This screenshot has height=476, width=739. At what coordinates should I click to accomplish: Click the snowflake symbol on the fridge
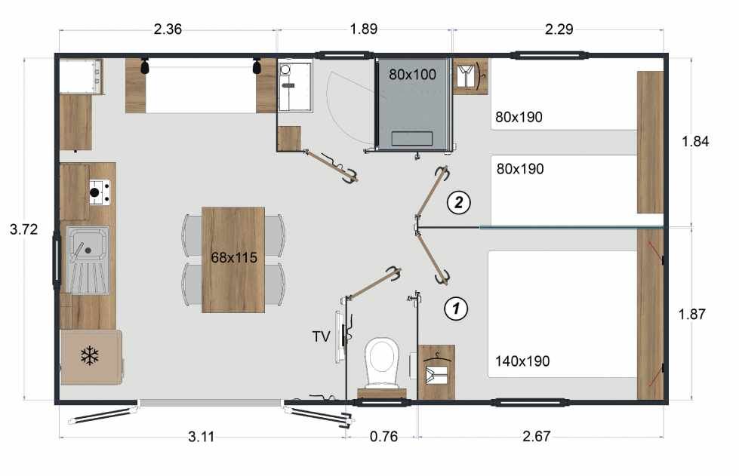[x=89, y=356]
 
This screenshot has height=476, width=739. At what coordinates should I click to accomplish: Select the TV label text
[x=321, y=336]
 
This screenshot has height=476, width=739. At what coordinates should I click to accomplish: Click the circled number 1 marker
[x=456, y=309]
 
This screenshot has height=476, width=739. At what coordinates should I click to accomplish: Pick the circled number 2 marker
[x=458, y=203]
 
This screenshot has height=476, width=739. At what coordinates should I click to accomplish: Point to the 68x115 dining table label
[x=234, y=257]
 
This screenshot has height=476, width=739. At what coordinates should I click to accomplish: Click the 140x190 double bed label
[x=522, y=361]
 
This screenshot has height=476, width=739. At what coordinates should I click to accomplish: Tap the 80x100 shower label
[x=412, y=75]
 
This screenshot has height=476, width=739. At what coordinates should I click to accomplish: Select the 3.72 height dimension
[x=23, y=229]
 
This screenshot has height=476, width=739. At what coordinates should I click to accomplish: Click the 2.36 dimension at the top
[x=168, y=29]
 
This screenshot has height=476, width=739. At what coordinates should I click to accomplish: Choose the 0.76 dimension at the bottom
[x=383, y=437]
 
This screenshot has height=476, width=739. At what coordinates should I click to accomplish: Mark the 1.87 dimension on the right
[x=692, y=314]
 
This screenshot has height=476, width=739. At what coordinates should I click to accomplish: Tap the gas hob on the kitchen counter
[x=100, y=192]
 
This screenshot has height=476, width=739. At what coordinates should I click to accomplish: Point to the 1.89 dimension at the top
[x=363, y=29]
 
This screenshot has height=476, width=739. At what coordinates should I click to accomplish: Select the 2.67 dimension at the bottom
[x=537, y=437]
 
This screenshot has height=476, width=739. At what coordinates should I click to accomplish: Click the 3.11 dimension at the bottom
[x=202, y=437]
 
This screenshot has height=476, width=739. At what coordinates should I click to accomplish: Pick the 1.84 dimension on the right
[x=695, y=141]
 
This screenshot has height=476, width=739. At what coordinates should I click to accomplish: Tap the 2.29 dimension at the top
[x=559, y=29]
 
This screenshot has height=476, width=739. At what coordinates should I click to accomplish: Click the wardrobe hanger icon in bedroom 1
[x=437, y=372]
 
